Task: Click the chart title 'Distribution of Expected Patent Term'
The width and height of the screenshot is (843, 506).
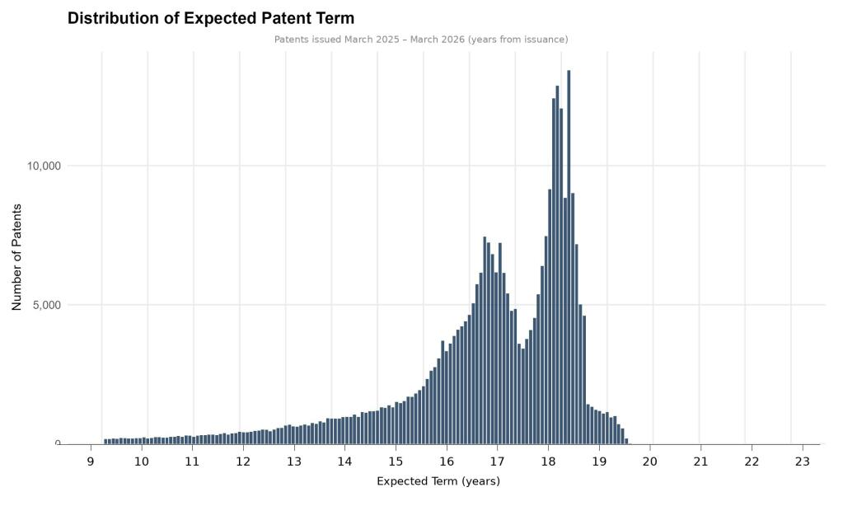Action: click(210, 18)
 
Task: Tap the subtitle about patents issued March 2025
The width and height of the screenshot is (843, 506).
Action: click(420, 40)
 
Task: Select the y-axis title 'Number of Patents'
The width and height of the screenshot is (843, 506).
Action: click(16, 257)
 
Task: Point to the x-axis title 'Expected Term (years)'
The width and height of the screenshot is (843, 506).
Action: click(438, 480)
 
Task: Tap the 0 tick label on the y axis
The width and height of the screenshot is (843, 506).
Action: click(58, 444)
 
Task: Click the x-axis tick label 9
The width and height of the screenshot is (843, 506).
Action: click(91, 461)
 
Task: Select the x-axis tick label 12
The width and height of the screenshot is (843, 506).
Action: click(243, 461)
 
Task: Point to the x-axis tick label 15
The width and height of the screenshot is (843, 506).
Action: click(396, 461)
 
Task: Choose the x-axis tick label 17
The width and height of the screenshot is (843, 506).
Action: click(497, 461)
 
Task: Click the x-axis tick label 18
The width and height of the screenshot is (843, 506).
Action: click(548, 461)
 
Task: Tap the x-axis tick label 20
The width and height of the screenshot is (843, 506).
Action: click(649, 461)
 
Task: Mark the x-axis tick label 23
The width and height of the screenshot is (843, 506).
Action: click(802, 461)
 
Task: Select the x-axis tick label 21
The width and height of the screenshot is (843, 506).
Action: click(700, 461)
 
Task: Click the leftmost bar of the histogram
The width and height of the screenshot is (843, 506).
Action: click(105, 442)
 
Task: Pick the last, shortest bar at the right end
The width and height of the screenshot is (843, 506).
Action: click(626, 442)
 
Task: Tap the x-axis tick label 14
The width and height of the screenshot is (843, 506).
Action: click(344, 461)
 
